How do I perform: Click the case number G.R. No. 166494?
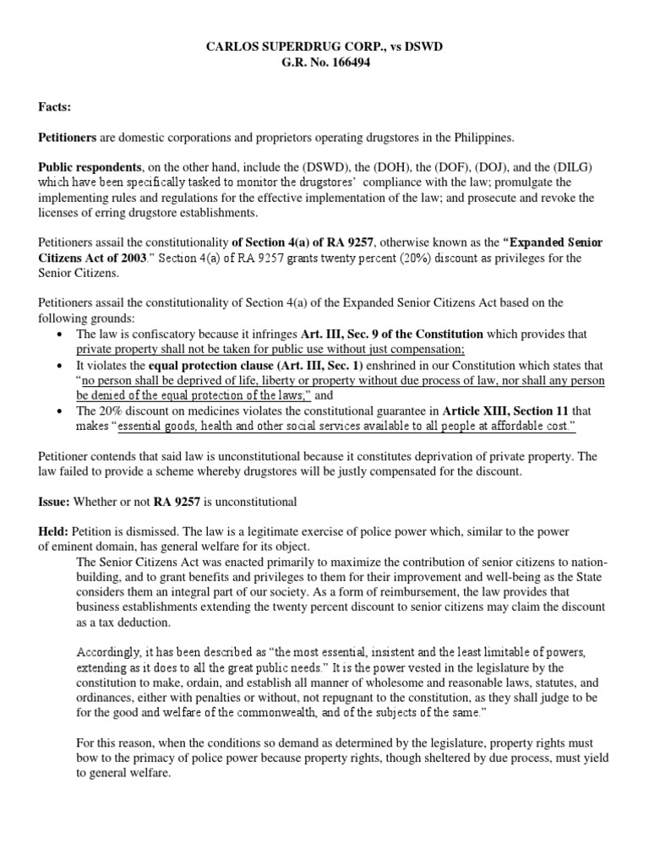[x=324, y=62]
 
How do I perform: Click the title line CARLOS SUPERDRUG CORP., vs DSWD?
[x=324, y=46]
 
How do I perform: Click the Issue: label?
[x=55, y=503]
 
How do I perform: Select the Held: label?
[x=55, y=532]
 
